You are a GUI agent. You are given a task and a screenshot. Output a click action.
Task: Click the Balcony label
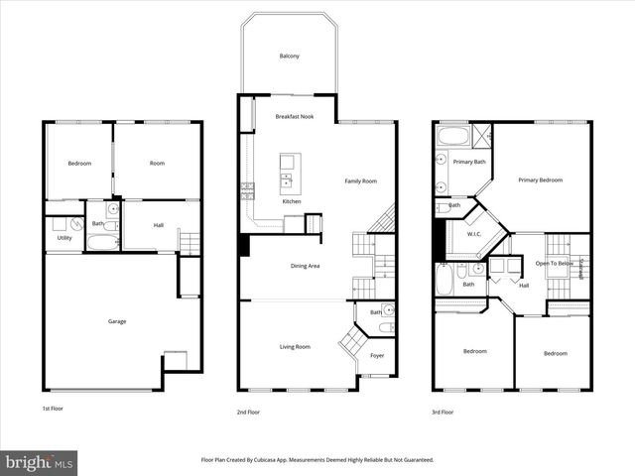coord(290,57)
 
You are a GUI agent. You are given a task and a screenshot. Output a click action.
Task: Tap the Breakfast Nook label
coord(295,117)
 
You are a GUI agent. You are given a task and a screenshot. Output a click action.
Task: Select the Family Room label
coord(361,180)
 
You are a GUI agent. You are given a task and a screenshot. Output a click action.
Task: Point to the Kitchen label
coord(292,202)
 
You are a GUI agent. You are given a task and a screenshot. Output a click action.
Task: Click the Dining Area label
coord(305,266)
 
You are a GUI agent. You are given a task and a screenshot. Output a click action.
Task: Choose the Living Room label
coord(295,346)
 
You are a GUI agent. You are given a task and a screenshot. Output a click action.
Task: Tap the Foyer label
coord(377,355)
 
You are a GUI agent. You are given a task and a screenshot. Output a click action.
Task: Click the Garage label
coord(117,320)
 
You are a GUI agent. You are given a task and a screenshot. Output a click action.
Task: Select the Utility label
coord(64,238)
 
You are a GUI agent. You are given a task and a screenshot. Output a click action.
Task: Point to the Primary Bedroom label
coord(541,179)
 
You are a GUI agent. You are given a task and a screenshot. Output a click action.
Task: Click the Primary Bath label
coord(469,162)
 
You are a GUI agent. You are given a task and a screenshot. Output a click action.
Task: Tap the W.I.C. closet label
coord(474,234)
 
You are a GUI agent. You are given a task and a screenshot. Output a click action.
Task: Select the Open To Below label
coord(554,263)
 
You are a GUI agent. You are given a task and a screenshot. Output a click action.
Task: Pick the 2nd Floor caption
coord(248,412)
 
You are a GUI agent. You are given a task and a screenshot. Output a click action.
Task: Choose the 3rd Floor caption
coord(442,412)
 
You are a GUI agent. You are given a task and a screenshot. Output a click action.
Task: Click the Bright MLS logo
coord(40,462)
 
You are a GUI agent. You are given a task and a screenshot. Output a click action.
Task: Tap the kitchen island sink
coord(287,180)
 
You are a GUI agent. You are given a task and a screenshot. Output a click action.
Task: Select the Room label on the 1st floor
coord(157,163)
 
